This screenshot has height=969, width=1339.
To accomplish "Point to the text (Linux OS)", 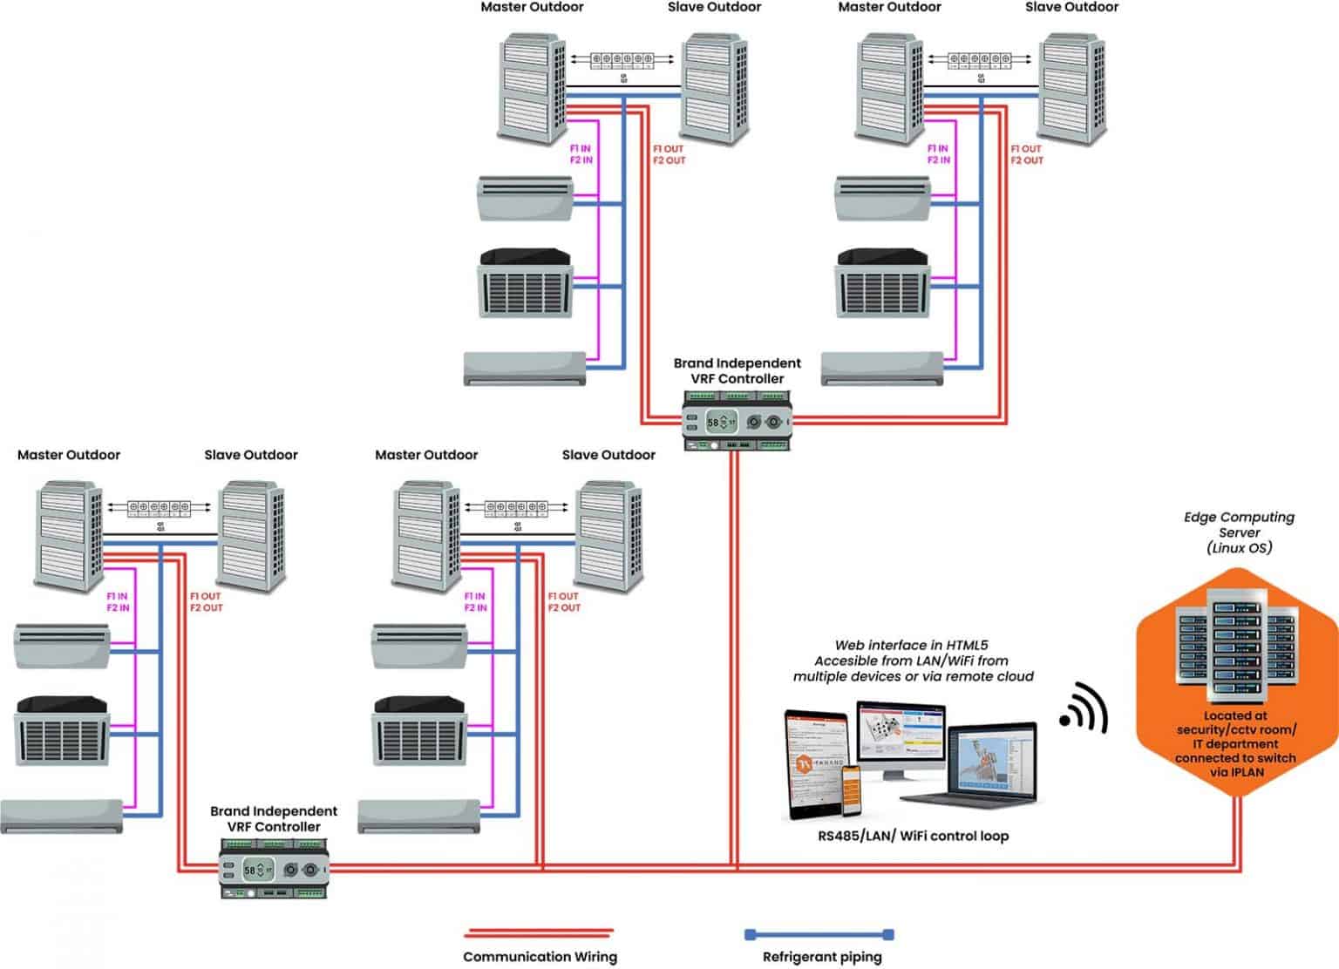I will coord(1239,547).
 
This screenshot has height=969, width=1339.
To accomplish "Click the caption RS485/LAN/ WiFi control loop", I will coord(913,836).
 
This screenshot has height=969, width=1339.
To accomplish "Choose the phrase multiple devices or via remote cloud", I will coord(913,676).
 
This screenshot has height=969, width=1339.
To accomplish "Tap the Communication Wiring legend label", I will coord(540,956).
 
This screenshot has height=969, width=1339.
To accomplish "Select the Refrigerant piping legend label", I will coord(822,957).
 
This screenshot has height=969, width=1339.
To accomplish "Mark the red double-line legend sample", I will coord(540,932).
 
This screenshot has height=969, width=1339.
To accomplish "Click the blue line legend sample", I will coord(819,934).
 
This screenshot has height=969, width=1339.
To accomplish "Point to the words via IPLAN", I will coord(1236,771).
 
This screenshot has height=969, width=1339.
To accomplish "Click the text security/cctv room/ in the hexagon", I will coord(1236,729).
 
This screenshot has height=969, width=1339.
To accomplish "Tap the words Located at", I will coord(1236,715).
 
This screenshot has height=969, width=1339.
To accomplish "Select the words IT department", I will coord(1236,743).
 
